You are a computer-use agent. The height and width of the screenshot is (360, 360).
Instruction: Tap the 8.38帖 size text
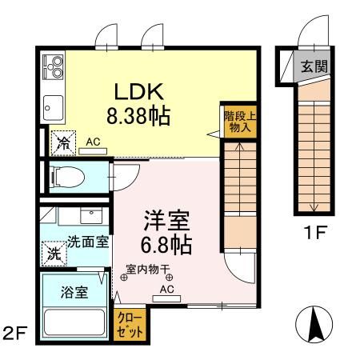(144, 117)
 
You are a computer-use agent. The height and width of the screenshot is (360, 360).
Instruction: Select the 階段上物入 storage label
(234, 120)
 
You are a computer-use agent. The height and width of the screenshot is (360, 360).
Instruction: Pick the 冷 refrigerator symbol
(62, 144)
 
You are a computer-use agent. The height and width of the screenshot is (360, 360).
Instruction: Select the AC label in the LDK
(93, 142)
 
